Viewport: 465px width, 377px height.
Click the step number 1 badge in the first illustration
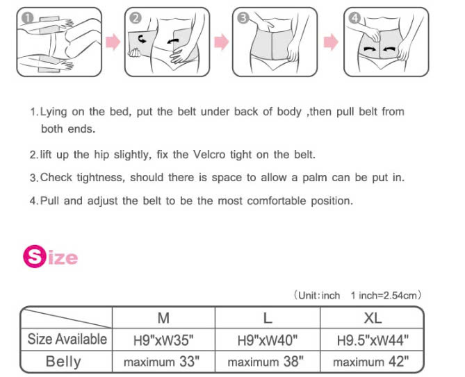click(27, 18)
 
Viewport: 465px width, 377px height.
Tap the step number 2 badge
click(136, 18)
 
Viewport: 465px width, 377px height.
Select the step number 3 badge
click(243, 18)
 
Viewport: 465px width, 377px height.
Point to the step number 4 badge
click(354, 18)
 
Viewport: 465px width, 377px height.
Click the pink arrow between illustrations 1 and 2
click(113, 42)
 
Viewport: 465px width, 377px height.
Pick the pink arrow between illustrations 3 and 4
click(331, 42)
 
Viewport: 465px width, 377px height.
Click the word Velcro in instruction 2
click(209, 154)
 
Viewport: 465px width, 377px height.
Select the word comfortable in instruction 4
click(277, 201)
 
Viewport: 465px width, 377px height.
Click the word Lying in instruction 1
click(54, 112)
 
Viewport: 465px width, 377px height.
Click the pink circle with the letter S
click(35, 256)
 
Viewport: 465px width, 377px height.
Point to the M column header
click(164, 318)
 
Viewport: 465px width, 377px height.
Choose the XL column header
click(373, 318)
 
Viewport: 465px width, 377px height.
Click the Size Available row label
click(67, 340)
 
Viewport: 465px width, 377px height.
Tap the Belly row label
click(63, 362)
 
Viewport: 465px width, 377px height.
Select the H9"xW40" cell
click(268, 340)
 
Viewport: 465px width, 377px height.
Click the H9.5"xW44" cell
click(373, 340)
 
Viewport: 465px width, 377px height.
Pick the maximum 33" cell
click(162, 362)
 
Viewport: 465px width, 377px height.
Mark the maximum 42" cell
click(371, 362)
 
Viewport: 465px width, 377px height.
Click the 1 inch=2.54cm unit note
click(384, 296)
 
